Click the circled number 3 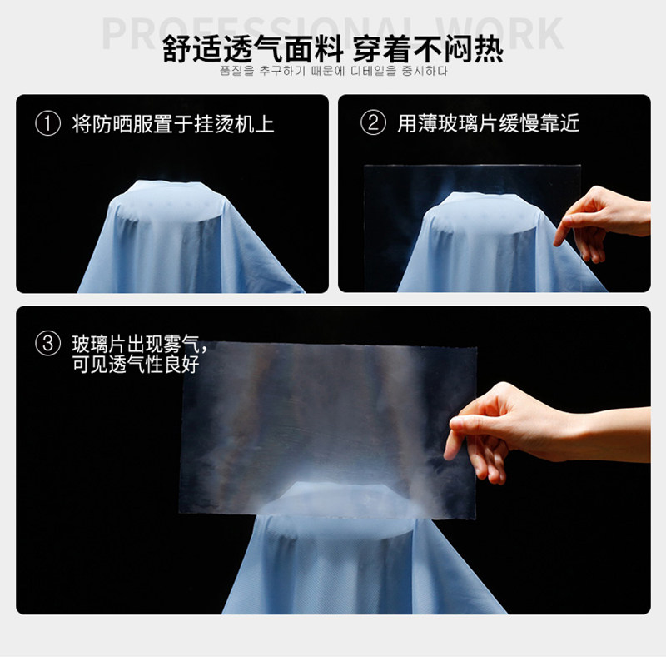49,343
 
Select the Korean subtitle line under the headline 333,72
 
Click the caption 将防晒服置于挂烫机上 173,125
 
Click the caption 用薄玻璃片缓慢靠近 488,123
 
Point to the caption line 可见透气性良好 136,364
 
